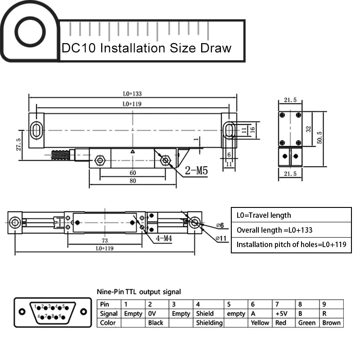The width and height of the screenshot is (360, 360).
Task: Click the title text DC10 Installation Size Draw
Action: pyautogui.click(x=146, y=48)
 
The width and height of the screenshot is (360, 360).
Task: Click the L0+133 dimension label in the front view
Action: pyautogui.click(x=132, y=94)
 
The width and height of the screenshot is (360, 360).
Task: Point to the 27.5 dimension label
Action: pyautogui.click(x=18, y=145)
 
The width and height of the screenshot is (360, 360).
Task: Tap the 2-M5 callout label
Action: pyautogui.click(x=196, y=171)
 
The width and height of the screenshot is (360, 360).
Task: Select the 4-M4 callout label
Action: pyautogui.click(x=164, y=238)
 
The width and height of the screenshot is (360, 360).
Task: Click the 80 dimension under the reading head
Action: pyautogui.click(x=133, y=181)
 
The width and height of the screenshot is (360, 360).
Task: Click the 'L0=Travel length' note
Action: pyautogui.click(x=264, y=215)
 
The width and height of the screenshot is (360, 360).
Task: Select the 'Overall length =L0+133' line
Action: pyautogui.click(x=274, y=230)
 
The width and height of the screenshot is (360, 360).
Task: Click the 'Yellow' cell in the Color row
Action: pyautogui.click(x=260, y=323)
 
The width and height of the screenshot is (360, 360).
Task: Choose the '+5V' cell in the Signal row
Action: pyautogui.click(x=282, y=314)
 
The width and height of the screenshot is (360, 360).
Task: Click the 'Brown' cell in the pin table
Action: pyautogui.click(x=331, y=323)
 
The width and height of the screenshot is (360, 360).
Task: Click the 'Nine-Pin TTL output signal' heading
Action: pyautogui.click(x=139, y=292)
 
